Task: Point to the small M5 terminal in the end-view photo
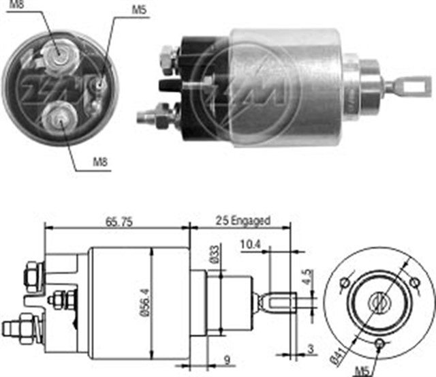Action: tap(99, 85)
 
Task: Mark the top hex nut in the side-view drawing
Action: tap(31, 275)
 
